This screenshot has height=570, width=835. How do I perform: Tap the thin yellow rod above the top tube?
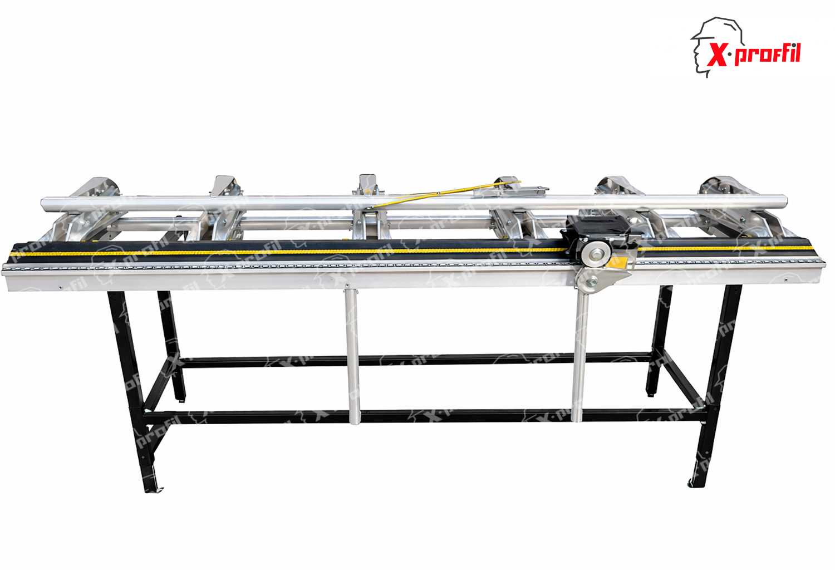click(x=444, y=194)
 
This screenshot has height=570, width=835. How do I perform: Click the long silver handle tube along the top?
click(x=414, y=203)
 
